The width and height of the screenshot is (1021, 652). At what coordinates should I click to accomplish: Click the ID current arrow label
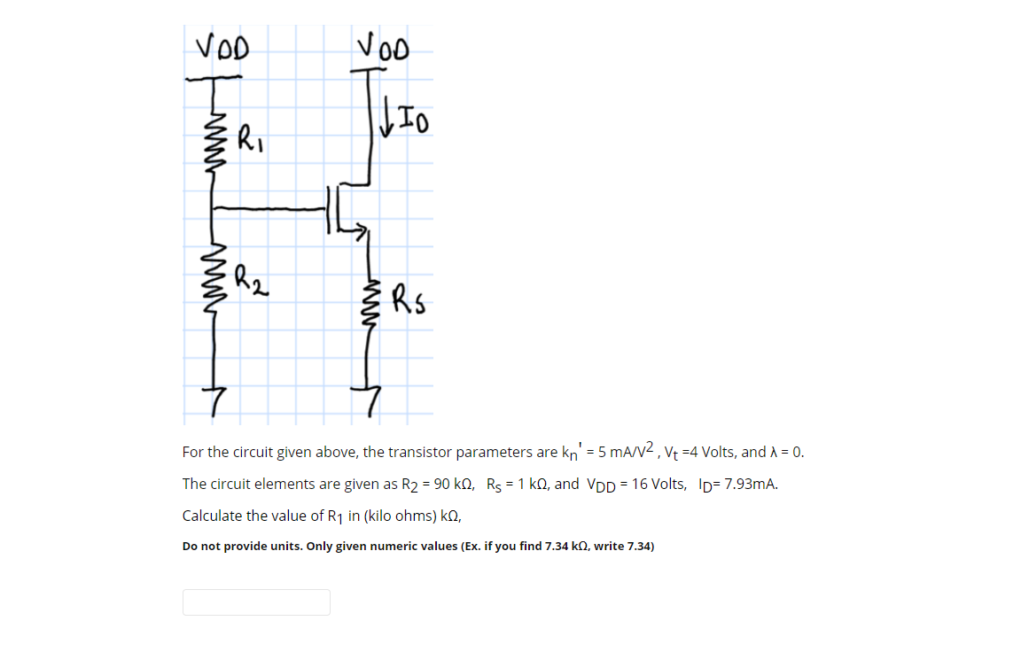click(406, 118)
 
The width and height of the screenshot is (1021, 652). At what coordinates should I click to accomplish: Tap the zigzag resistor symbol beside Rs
click(365, 299)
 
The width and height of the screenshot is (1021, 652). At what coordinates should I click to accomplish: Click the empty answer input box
click(256, 602)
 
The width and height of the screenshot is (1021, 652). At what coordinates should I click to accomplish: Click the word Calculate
click(213, 516)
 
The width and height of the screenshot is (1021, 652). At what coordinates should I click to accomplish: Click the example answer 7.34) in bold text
click(638, 546)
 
